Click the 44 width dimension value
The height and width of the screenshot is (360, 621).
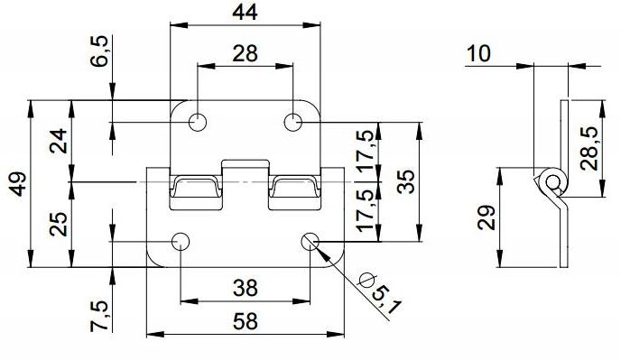[245, 12]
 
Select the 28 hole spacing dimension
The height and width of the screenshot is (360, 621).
[245, 53]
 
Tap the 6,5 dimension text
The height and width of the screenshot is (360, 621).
[99, 51]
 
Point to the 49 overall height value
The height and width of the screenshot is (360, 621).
[18, 184]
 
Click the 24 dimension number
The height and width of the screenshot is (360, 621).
[58, 141]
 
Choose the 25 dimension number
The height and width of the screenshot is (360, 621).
[58, 224]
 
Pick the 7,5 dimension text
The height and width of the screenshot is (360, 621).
[99, 316]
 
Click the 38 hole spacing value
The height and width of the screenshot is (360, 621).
[246, 288]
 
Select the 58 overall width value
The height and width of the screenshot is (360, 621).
[246, 321]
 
